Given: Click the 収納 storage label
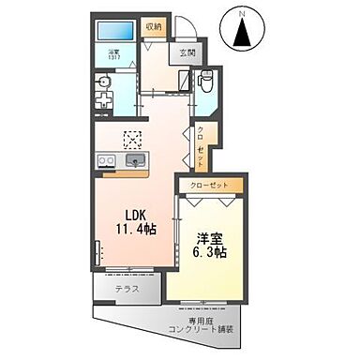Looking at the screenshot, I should (x=151, y=27).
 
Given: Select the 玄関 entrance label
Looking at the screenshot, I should (x=186, y=53).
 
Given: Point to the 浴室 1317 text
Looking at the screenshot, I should (x=113, y=56).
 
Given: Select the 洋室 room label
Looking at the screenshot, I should (x=212, y=237).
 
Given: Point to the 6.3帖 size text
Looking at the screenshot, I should (x=213, y=254).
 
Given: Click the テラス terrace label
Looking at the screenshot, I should (x=127, y=288).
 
